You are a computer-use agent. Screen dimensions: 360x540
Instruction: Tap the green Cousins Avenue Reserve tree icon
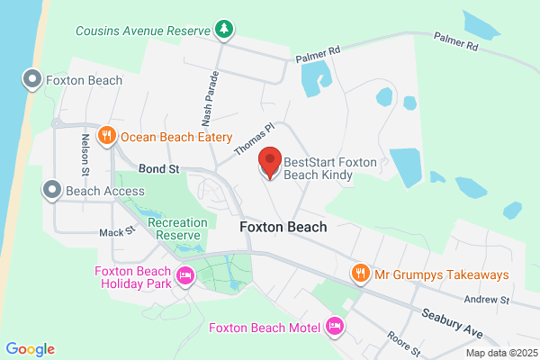[223, 30]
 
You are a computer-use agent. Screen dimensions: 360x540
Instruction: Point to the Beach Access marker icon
[51, 190]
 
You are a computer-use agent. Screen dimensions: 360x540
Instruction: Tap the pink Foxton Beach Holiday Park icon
[186, 276]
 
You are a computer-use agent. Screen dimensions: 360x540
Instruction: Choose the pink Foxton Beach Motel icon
[336, 326]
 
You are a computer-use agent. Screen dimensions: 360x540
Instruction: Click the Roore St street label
[401, 344]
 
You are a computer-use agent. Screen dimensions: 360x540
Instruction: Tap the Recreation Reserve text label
[177, 229]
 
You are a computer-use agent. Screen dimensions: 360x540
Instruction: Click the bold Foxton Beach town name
[283, 228]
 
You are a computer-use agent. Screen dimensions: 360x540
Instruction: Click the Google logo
[31, 349]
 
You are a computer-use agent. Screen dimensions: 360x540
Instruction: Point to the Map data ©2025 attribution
[499, 353]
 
